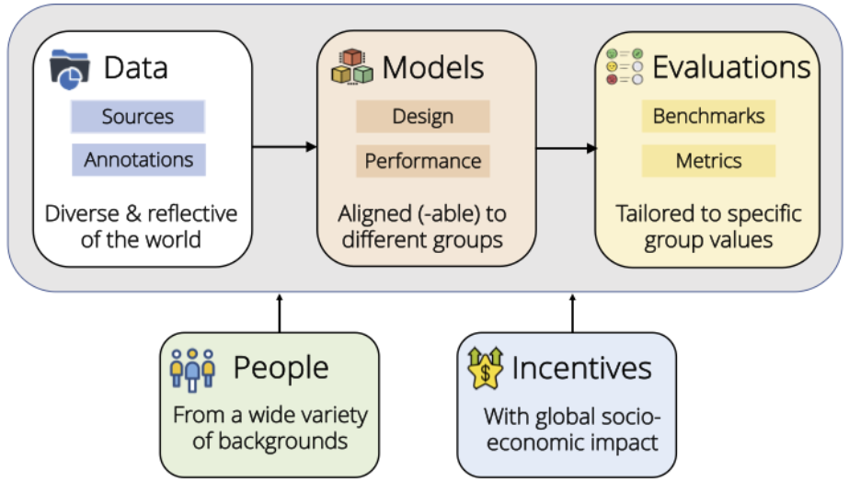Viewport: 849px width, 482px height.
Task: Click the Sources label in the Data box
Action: click(x=138, y=117)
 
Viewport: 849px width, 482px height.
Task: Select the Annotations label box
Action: click(x=139, y=160)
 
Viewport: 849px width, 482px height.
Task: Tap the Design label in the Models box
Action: click(x=423, y=117)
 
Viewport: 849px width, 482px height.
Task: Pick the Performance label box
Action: click(x=423, y=161)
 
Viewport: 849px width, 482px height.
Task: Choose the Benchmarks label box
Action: click(x=709, y=116)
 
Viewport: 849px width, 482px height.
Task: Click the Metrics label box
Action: click(x=709, y=161)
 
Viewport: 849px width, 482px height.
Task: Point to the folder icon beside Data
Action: click(x=70, y=69)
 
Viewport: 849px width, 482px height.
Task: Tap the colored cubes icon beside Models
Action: click(x=352, y=66)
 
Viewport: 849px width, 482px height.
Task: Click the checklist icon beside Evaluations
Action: click(x=625, y=66)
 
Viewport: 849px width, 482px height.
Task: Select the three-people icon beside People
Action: click(x=193, y=370)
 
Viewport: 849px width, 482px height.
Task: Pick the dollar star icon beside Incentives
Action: click(x=485, y=368)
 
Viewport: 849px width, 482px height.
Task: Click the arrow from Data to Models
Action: click(x=284, y=147)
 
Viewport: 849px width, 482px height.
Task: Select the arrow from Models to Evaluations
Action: click(x=567, y=148)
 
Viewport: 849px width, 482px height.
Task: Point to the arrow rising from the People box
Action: click(x=280, y=313)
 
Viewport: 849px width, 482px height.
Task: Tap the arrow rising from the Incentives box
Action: click(x=572, y=313)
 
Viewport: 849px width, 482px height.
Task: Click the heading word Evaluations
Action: click(x=731, y=67)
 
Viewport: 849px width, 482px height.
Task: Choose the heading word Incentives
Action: click(x=581, y=368)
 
